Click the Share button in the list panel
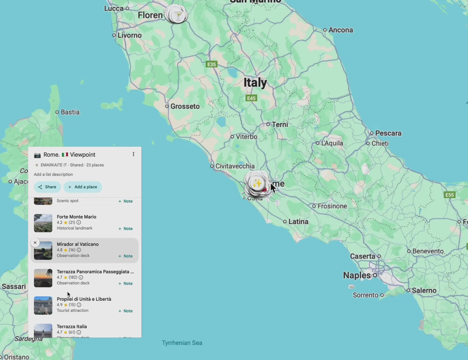click(47, 187)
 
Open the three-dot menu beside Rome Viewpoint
click(133, 154)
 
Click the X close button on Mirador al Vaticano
click(35, 243)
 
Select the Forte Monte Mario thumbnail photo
click(43, 223)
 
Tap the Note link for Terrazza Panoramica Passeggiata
click(126, 284)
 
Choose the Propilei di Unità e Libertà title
click(84, 299)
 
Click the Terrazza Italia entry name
click(72, 327)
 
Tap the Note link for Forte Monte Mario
click(126, 229)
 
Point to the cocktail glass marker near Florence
click(178, 15)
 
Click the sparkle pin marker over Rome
click(257, 183)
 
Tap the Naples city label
click(357, 275)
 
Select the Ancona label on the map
click(340, 30)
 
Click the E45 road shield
click(251, 98)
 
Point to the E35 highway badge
click(212, 64)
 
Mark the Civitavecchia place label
click(235, 166)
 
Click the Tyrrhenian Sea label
click(182, 343)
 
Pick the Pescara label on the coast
click(388, 133)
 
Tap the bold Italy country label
click(255, 82)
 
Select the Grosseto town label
click(185, 106)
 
